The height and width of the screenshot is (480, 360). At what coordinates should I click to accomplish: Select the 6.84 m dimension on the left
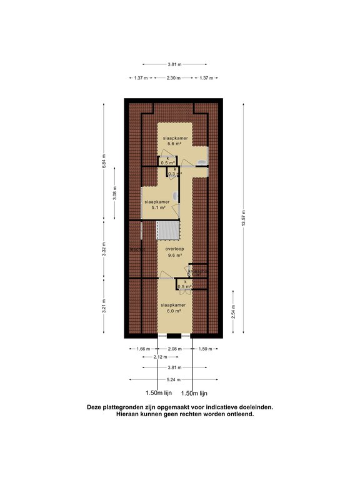coord(104,161)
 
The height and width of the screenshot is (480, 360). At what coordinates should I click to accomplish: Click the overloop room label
coord(174,249)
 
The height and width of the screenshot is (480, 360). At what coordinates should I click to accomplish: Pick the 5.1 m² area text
coord(157,208)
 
